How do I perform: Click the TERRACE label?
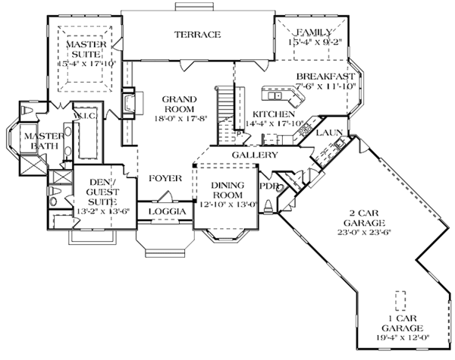click(196, 35)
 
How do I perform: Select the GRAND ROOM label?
click(180, 103)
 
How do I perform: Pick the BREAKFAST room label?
click(326, 77)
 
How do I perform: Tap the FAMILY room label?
click(315, 32)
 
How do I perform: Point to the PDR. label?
click(267, 185)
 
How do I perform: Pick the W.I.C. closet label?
click(83, 116)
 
